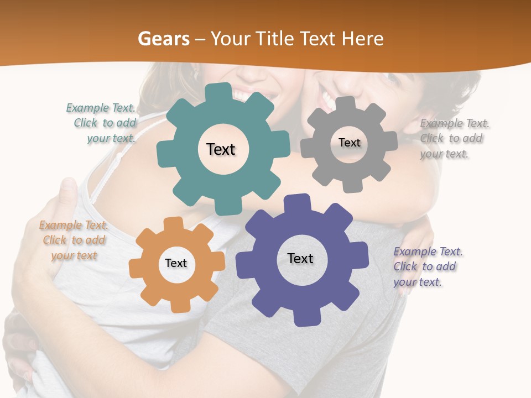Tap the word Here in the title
[x=362, y=39]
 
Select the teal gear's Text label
[x=221, y=149]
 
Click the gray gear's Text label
[x=349, y=143]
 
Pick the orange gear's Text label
[x=175, y=263]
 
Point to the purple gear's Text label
[x=300, y=259]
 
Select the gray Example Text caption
[x=454, y=139]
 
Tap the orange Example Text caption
[x=74, y=240]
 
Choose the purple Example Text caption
[x=427, y=266]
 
